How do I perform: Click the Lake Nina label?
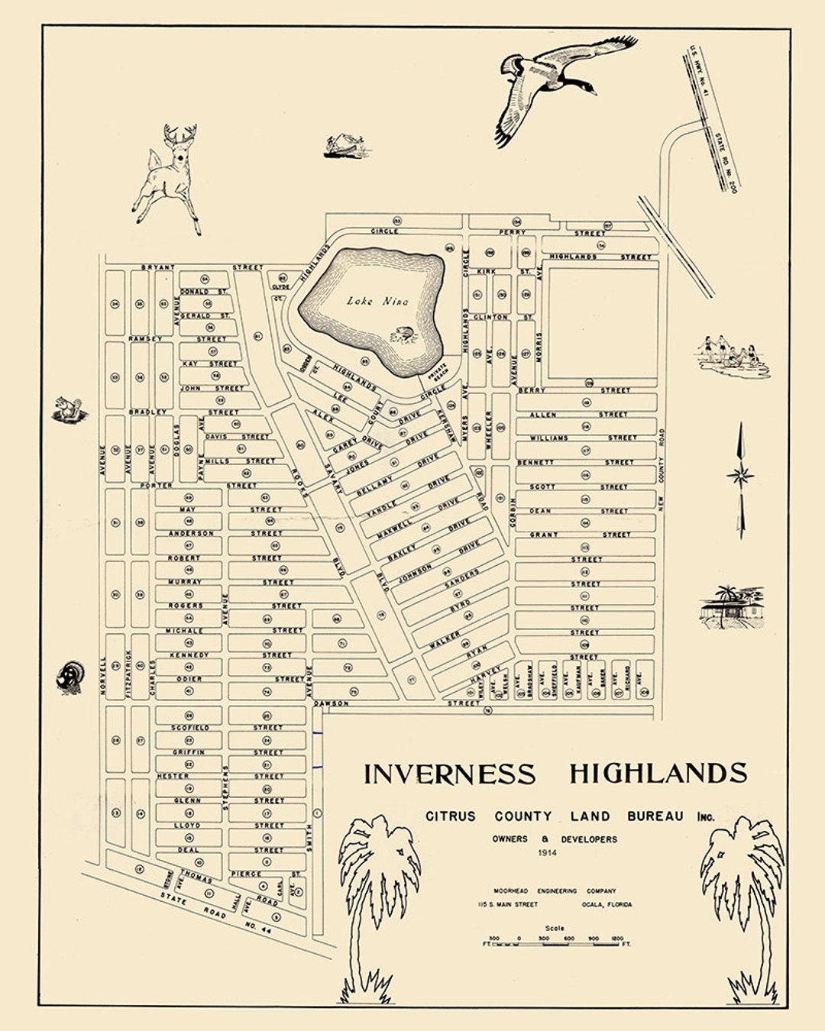377,301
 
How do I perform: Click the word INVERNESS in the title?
449,774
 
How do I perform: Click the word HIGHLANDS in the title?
658,773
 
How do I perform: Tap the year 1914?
548,852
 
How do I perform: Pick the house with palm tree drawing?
731,607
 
